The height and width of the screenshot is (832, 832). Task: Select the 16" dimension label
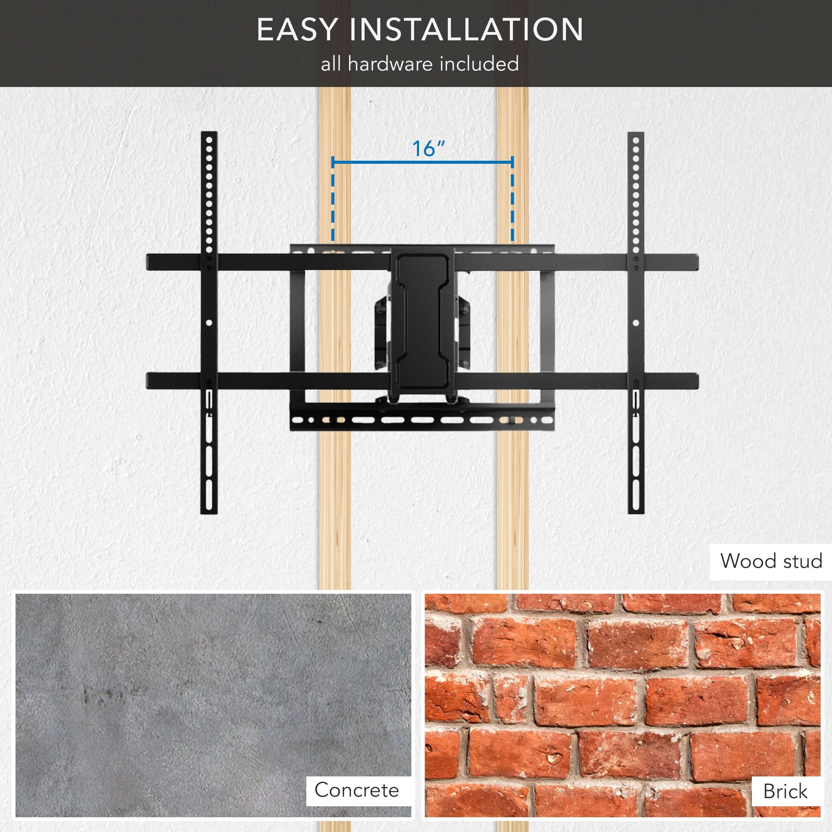pos(428,149)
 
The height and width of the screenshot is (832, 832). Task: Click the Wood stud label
pos(771,561)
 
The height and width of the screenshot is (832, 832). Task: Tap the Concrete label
pos(357,790)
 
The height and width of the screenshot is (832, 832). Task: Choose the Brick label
pos(785,791)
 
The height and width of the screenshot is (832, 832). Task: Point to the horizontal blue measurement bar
pos(422,162)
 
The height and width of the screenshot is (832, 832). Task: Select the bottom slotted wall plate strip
pos(422,420)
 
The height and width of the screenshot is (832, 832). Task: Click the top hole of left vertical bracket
pos(209,140)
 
